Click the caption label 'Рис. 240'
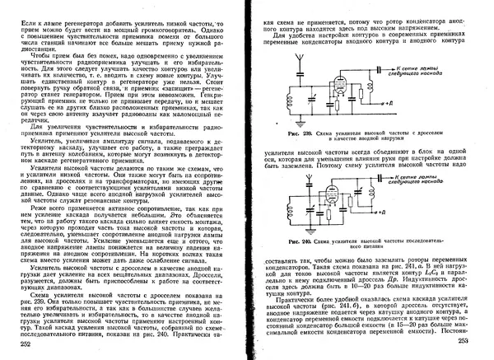294,240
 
